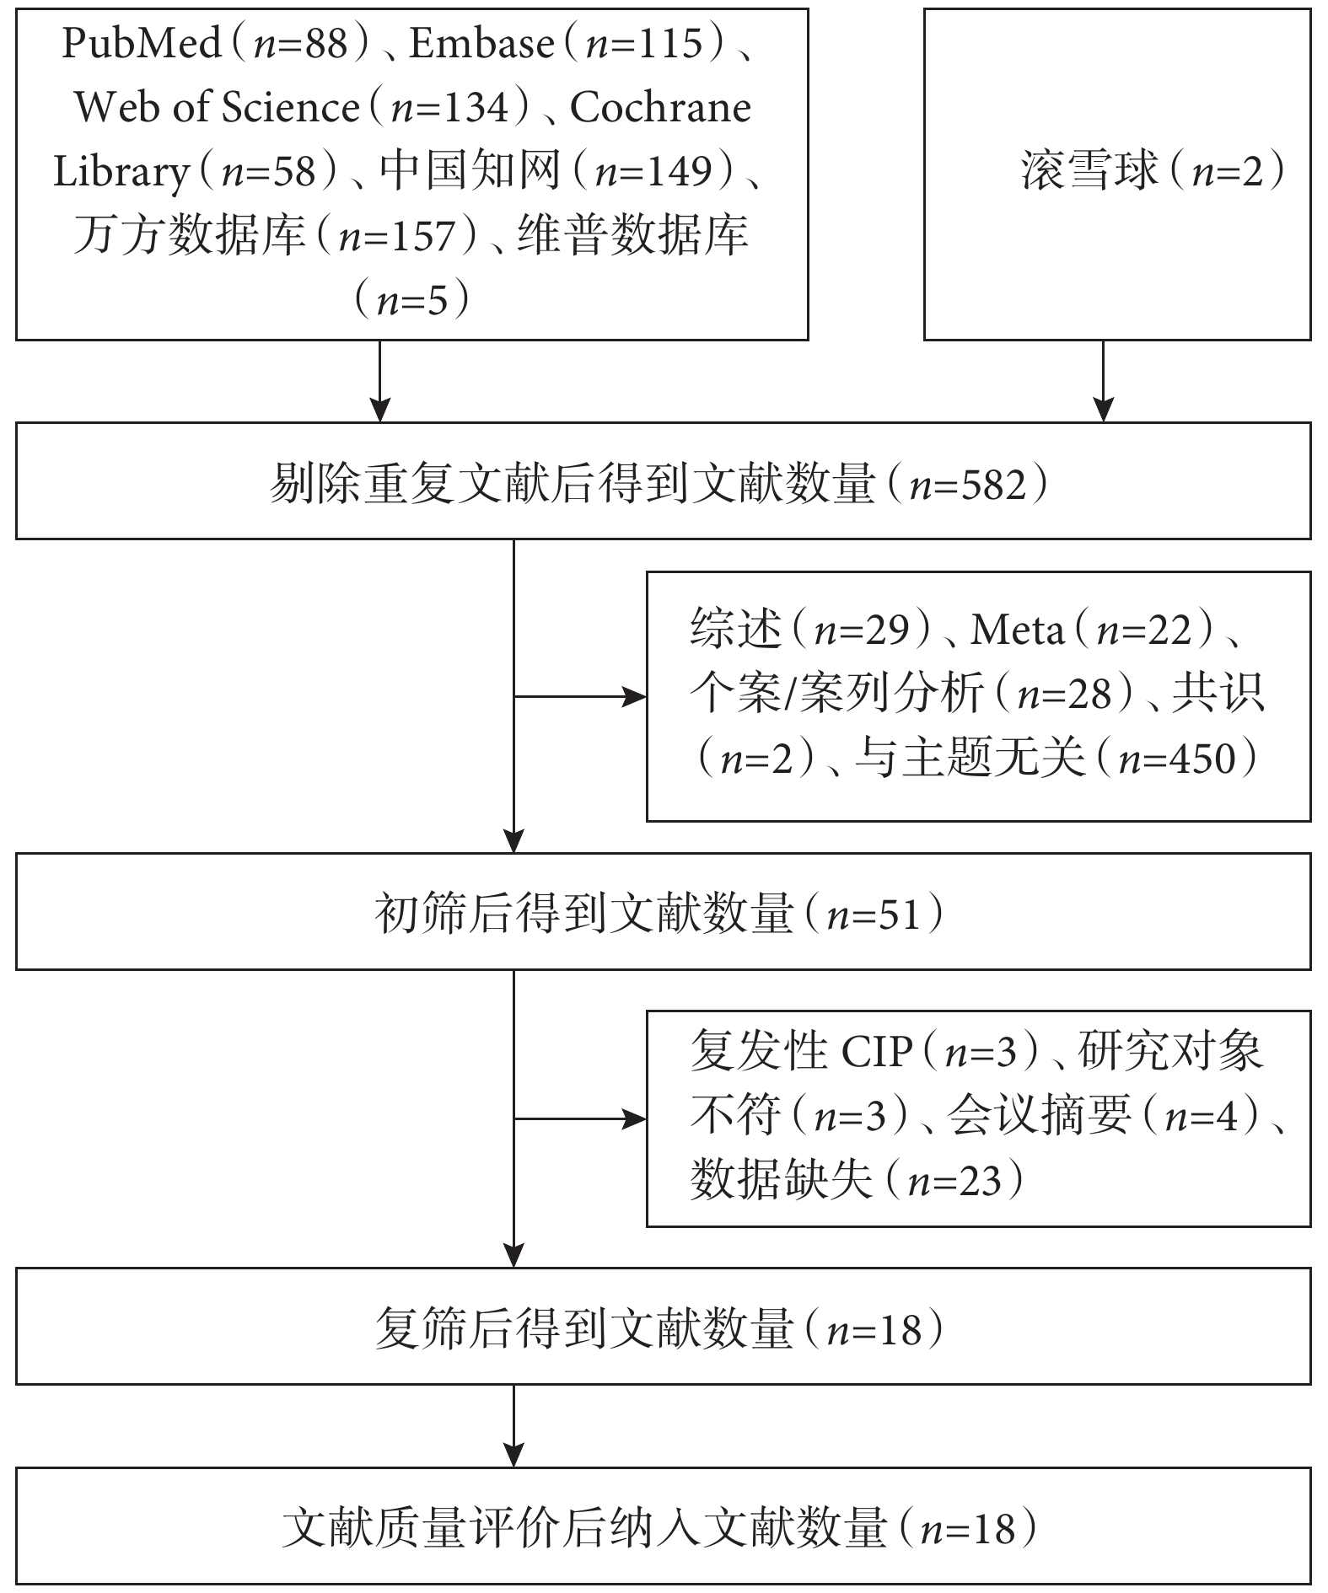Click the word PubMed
point(142,42)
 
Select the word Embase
point(482,42)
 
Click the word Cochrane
point(660,107)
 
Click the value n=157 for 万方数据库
point(396,235)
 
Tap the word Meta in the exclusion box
point(1017,630)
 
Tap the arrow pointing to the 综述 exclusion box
point(580,697)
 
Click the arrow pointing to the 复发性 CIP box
point(580,1119)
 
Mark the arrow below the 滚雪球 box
point(1103,381)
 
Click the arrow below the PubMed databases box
point(380,381)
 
